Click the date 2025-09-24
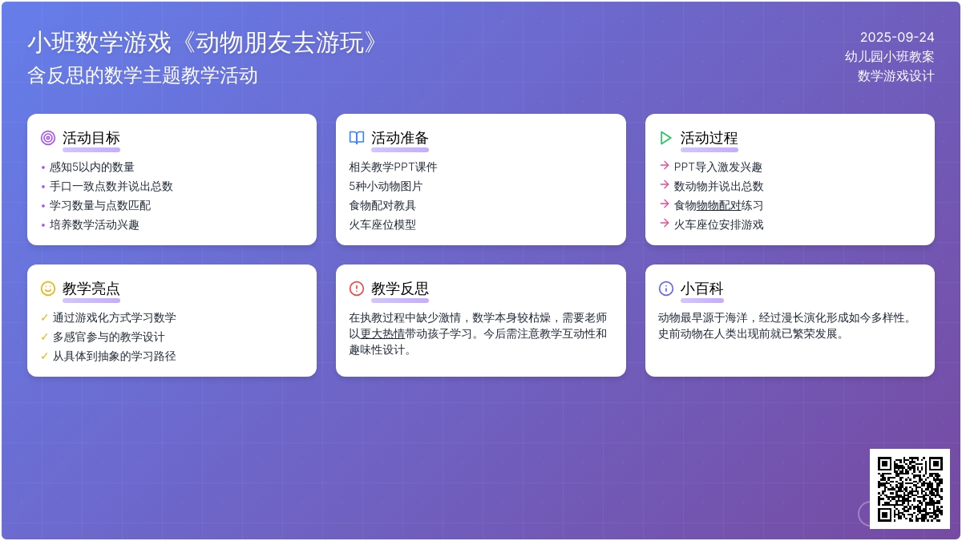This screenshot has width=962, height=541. pyautogui.click(x=897, y=38)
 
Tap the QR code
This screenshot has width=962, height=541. pyautogui.click(x=910, y=489)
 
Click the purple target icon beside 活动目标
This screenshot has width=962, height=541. pyautogui.click(x=47, y=138)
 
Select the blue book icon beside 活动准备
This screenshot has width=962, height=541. pyautogui.click(x=357, y=138)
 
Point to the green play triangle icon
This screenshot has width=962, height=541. pyautogui.click(x=665, y=138)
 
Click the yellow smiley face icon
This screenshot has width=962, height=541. pyautogui.click(x=47, y=289)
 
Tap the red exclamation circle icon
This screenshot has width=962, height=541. pyautogui.click(x=357, y=289)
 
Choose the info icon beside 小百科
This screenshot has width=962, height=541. pyautogui.click(x=665, y=289)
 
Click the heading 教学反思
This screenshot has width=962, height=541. pyautogui.click(x=400, y=289)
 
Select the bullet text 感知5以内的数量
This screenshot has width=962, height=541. pyautogui.click(x=92, y=167)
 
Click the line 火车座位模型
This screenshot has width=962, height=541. pyautogui.click(x=382, y=224)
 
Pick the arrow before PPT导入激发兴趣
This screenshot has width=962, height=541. pyautogui.click(x=665, y=165)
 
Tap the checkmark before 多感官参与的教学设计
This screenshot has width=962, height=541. pyautogui.click(x=44, y=337)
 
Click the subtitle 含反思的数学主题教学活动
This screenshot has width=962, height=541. pyautogui.click(x=143, y=75)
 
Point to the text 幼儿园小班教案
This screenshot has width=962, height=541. pyautogui.click(x=889, y=57)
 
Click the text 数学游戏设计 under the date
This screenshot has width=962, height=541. pyautogui.click(x=896, y=76)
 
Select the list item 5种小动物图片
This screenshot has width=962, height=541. pyautogui.click(x=386, y=186)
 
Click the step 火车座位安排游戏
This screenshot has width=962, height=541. pyautogui.click(x=718, y=224)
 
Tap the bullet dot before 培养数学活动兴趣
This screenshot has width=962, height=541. pyautogui.click(x=43, y=225)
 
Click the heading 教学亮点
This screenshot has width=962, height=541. pyautogui.click(x=91, y=289)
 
